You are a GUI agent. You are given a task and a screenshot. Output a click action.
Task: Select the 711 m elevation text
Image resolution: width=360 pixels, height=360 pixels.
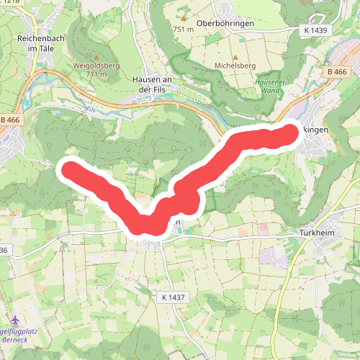tap(96, 74)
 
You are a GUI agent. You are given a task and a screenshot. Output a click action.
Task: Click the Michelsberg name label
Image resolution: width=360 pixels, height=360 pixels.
tap(235, 66)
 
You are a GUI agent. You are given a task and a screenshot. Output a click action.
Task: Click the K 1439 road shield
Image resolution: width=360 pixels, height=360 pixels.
tap(315, 31)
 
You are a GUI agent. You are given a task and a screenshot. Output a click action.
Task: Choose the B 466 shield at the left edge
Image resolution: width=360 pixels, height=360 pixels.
tap(10, 119)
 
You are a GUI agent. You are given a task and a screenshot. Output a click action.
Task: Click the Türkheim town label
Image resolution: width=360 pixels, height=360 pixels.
tap(315, 234)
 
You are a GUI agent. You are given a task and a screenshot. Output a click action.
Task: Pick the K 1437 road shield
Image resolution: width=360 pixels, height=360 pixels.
tap(171, 296)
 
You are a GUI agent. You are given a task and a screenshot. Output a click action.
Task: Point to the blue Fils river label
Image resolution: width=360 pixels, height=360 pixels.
tap(90, 110)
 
